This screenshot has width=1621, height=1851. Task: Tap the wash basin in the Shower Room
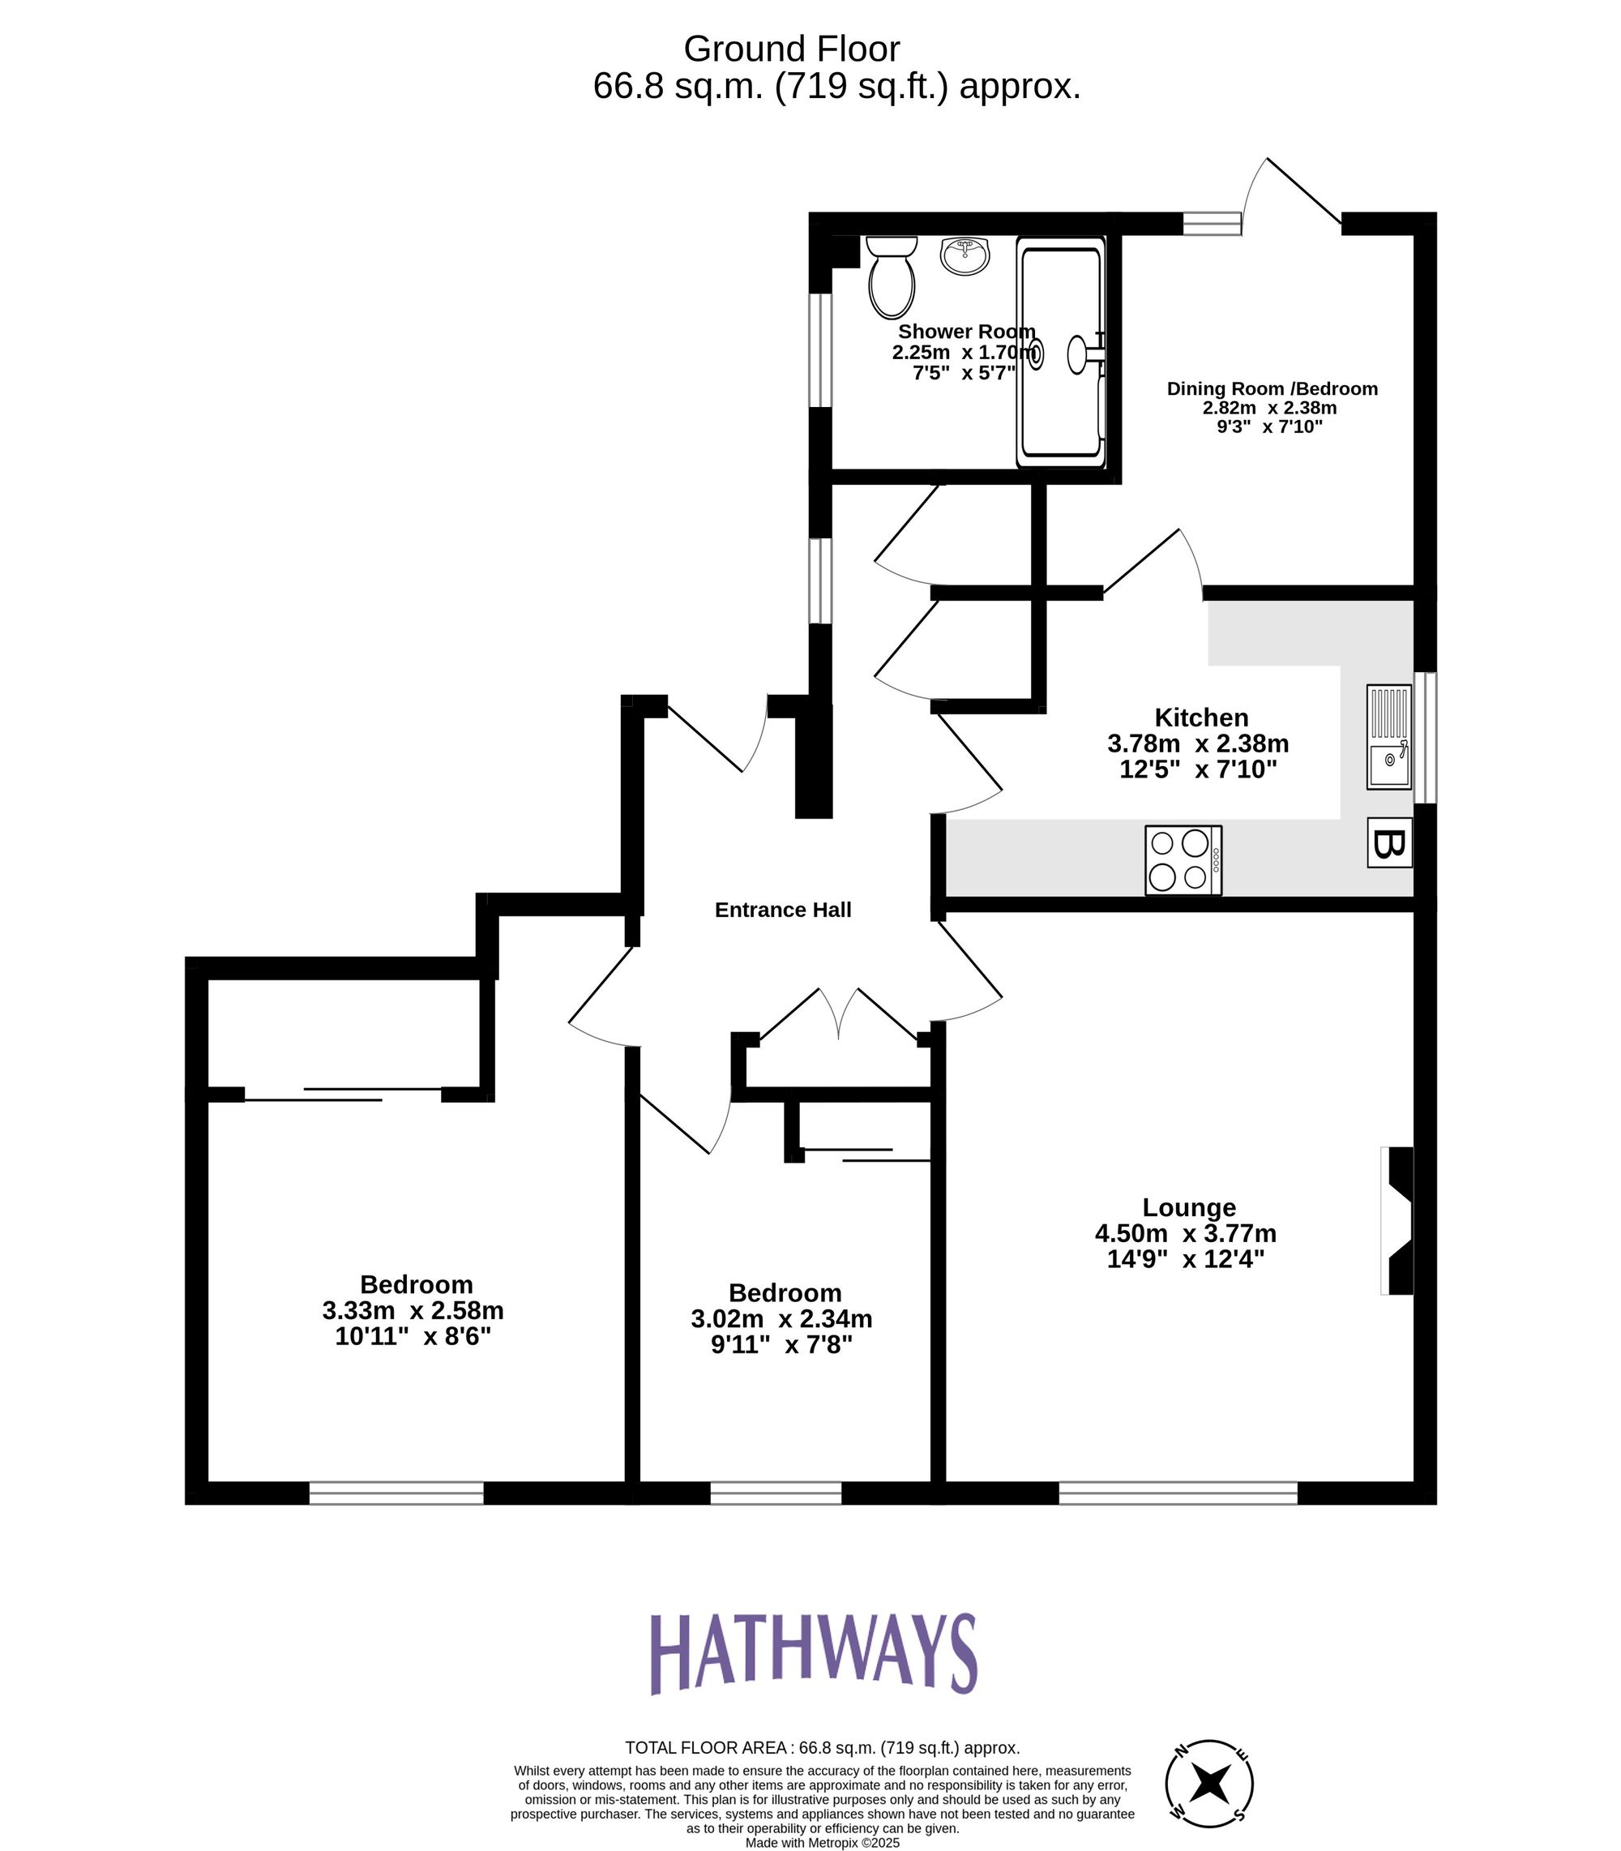(x=965, y=256)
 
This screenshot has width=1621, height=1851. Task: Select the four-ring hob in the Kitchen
(x=1183, y=859)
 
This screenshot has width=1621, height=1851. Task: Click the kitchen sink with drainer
(x=1388, y=737)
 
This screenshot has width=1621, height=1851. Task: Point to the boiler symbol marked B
(x=1388, y=843)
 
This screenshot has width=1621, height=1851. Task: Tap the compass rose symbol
(x=1208, y=1781)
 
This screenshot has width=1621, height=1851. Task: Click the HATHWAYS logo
(x=813, y=1654)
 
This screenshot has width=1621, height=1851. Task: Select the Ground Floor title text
(x=792, y=49)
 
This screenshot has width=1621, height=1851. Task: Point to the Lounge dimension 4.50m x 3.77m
(x=1185, y=1233)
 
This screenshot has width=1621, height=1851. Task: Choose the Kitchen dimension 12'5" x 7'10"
(x=1198, y=770)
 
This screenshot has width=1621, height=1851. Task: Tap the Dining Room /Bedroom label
(x=1272, y=389)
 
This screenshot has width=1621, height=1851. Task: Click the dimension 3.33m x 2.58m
(x=413, y=1310)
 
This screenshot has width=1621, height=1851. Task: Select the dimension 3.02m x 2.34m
(x=781, y=1318)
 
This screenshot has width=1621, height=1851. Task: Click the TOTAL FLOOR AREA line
(x=823, y=1748)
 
